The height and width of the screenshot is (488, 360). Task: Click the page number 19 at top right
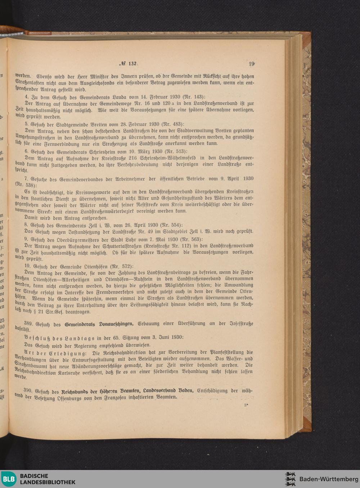point(251,64)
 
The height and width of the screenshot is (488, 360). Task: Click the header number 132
point(132,64)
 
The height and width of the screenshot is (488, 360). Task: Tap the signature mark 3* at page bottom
point(246,405)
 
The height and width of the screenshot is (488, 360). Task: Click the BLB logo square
point(9,479)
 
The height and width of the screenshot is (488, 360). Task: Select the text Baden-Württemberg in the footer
point(329,479)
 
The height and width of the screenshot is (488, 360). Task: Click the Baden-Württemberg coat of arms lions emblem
point(290,479)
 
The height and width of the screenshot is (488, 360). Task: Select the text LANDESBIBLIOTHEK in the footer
point(48,482)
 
